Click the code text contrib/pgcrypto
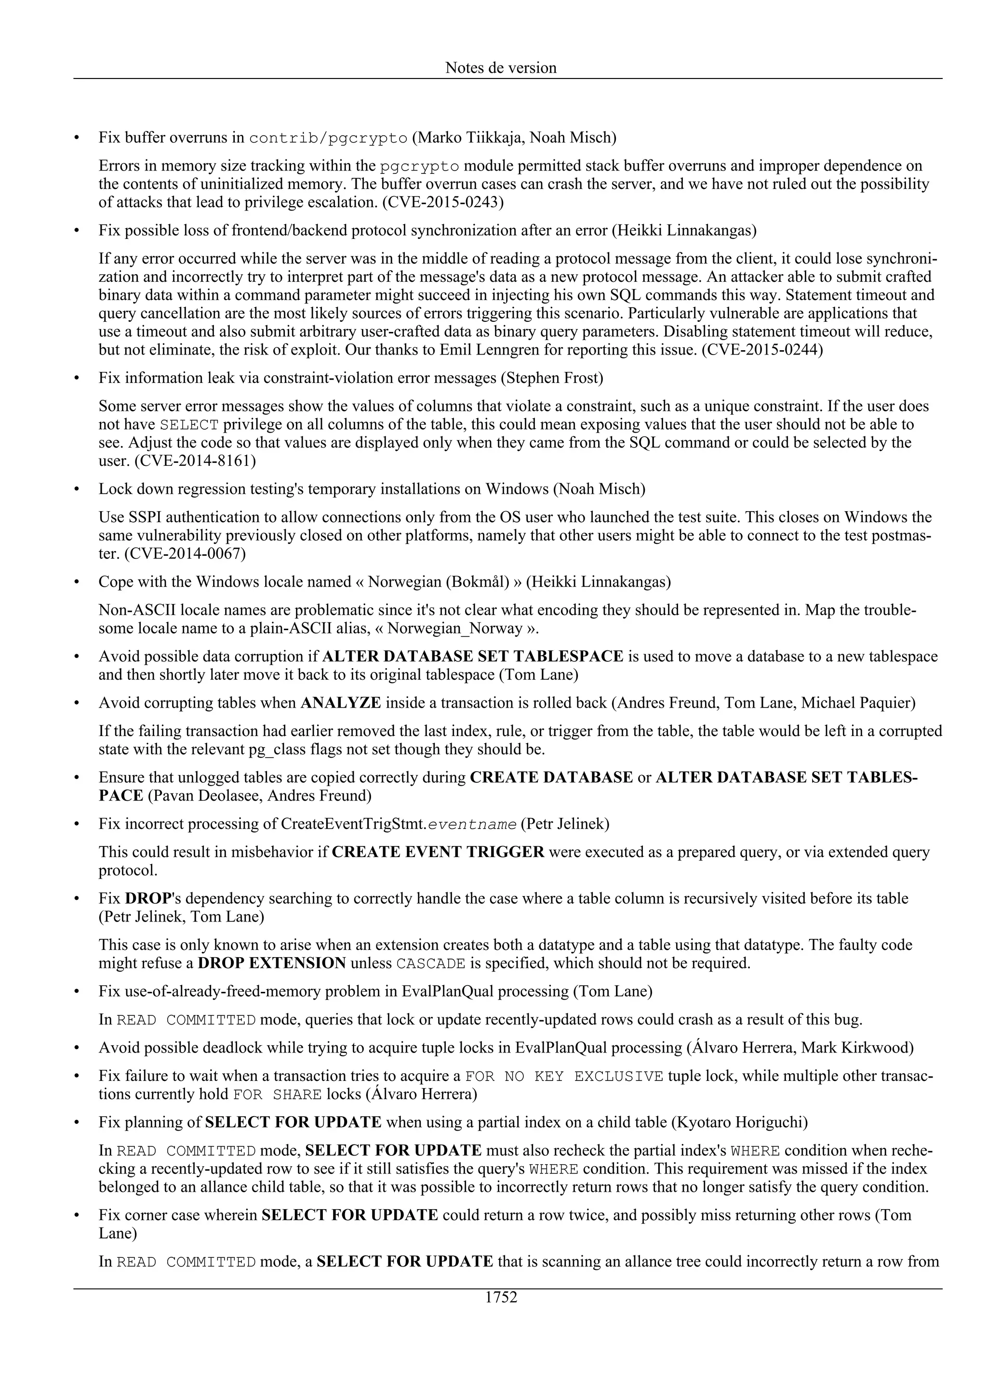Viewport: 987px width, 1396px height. tap(328, 138)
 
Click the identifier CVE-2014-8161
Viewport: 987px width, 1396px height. tap(195, 461)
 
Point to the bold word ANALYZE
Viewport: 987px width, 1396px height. tap(341, 703)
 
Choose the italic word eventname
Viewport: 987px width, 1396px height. tap(472, 825)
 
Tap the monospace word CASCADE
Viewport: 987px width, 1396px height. tap(430, 964)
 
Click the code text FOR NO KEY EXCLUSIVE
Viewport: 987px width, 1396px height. tap(564, 1076)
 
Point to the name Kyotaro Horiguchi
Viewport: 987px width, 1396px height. tap(739, 1122)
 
